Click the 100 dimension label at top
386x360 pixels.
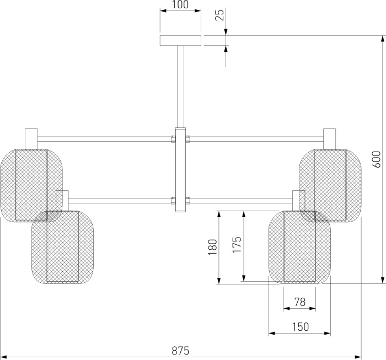180,4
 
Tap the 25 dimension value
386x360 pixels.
220,15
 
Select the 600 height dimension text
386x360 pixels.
377,159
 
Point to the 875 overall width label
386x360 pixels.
180,351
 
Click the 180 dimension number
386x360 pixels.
213,247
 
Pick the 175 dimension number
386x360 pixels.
237,245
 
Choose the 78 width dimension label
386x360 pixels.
300,302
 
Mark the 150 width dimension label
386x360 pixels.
301,327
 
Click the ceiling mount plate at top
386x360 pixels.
180,40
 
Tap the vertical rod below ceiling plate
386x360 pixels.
180,87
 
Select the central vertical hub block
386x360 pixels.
180,170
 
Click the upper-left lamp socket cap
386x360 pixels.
31,139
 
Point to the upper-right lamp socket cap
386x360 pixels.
329,139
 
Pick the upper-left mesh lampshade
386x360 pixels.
31,186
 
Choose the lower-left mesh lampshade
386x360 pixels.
62,248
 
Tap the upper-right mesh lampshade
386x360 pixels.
330,186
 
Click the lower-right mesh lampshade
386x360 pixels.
299,248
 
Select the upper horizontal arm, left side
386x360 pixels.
104,139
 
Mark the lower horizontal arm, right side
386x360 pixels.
242,201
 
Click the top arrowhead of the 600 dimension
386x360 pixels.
382,39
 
